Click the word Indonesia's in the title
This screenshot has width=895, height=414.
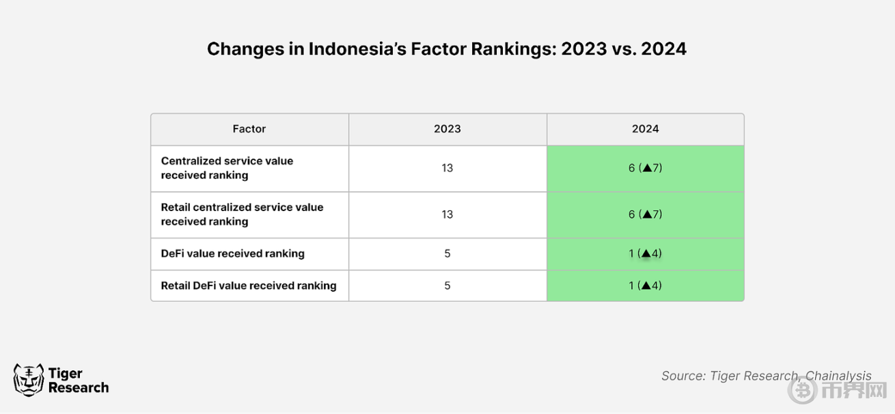[357, 49]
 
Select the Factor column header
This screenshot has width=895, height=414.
[249, 128]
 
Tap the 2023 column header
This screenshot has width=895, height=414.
[447, 128]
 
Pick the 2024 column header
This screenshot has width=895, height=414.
[645, 128]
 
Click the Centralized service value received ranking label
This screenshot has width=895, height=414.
[227, 168]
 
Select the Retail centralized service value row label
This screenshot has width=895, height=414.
[242, 215]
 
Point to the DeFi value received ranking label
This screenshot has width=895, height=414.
[232, 253]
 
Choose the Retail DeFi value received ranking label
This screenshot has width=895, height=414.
[249, 286]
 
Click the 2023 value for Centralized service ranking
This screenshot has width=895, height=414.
[447, 168]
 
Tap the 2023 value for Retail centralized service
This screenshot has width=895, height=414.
[447, 215]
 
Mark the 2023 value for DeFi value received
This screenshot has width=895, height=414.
[447, 253]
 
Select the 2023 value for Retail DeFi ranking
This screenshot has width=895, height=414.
[447, 286]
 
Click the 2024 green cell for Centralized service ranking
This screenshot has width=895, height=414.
[645, 169]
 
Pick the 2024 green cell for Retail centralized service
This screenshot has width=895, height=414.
[645, 215]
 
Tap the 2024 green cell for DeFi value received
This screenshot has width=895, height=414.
[645, 254]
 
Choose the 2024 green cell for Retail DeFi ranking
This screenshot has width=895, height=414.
[645, 286]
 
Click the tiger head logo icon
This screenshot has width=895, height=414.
[29, 380]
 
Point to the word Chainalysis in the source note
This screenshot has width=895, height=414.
[838, 376]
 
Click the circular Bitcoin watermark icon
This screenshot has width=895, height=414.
[802, 390]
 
